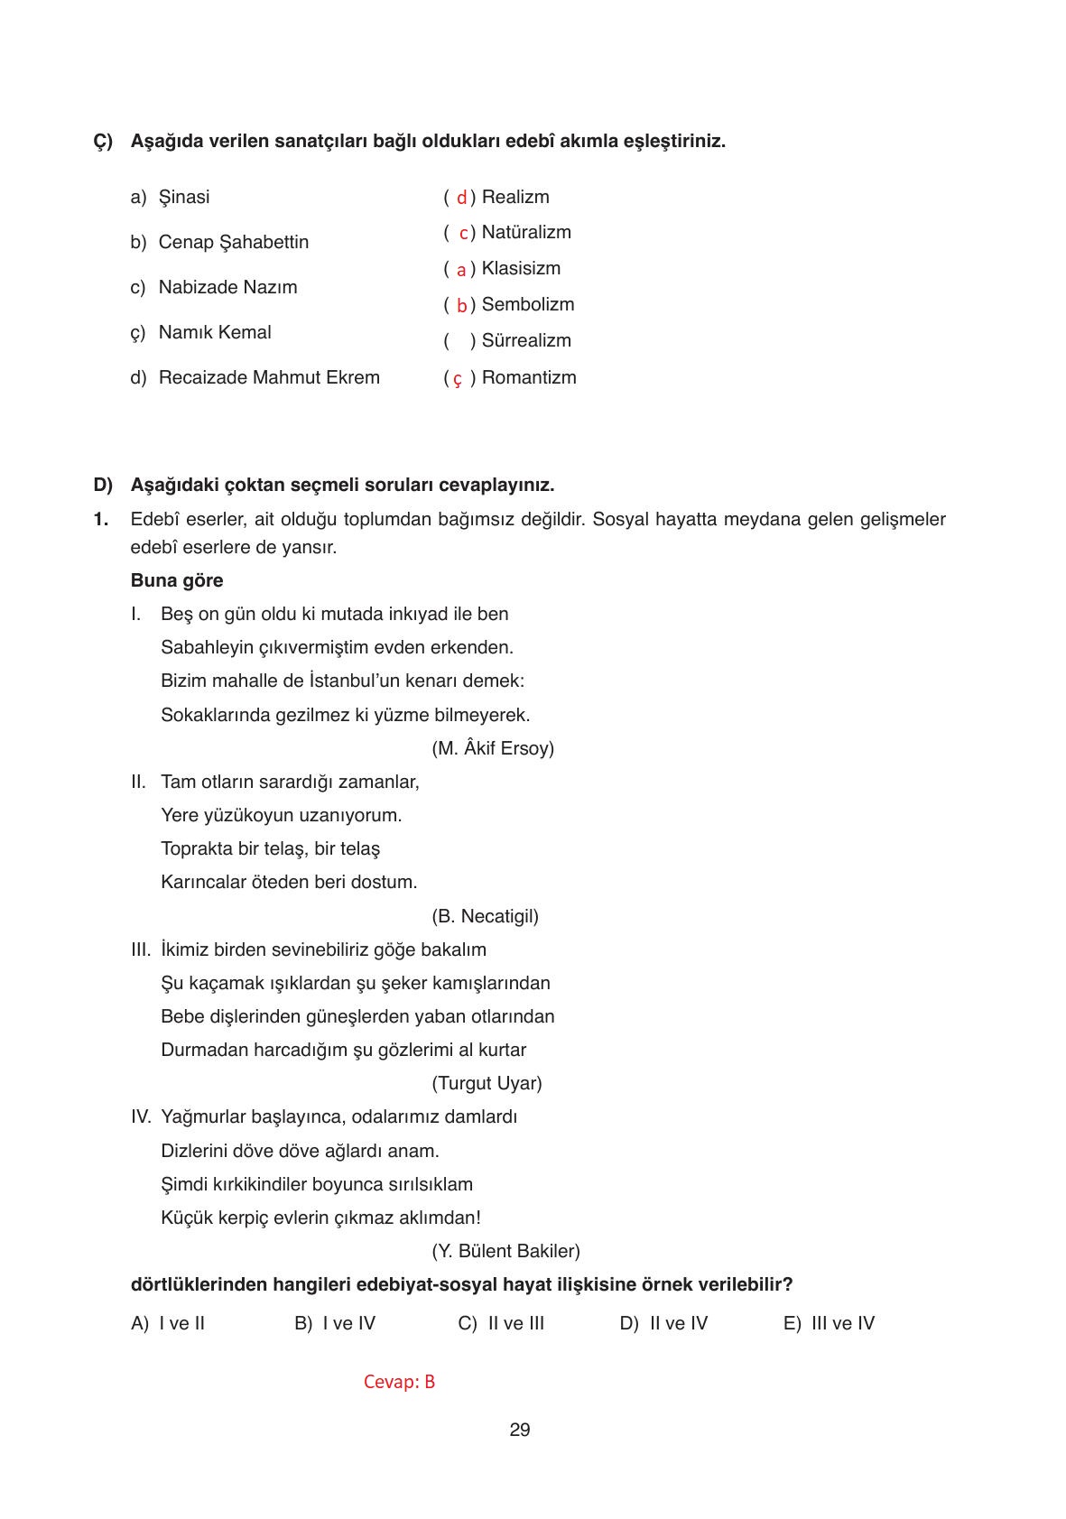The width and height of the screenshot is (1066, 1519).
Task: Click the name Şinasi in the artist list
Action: [183, 197]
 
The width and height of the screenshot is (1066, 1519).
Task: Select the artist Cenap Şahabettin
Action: [233, 242]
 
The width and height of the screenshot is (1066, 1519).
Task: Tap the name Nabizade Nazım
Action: [227, 287]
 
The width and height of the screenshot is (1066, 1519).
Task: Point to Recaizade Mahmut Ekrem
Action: [269, 377]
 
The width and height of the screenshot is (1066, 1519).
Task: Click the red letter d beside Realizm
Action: [461, 198]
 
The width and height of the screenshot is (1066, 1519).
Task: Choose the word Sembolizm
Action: [527, 304]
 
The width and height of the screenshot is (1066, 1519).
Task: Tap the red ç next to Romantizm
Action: [458, 379]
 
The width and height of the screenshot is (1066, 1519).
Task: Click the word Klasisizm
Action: [521, 268]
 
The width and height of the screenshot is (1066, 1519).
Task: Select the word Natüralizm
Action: [526, 232]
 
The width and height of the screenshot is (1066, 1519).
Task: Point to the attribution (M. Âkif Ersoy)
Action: [493, 748]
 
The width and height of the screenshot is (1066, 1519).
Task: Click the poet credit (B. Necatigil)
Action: [485, 916]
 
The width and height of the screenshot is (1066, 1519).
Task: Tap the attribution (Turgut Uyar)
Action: [487, 1083]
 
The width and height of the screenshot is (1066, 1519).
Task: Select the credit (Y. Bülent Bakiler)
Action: [505, 1251]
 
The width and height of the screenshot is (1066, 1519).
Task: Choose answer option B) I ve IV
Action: [335, 1323]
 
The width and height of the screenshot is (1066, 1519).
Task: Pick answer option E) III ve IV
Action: [829, 1323]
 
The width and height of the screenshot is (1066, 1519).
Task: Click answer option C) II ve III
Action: [501, 1323]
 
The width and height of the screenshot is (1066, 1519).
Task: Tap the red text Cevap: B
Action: [399, 1382]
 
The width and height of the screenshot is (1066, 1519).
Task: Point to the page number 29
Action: [520, 1430]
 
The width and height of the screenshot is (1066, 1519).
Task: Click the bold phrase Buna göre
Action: [177, 580]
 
